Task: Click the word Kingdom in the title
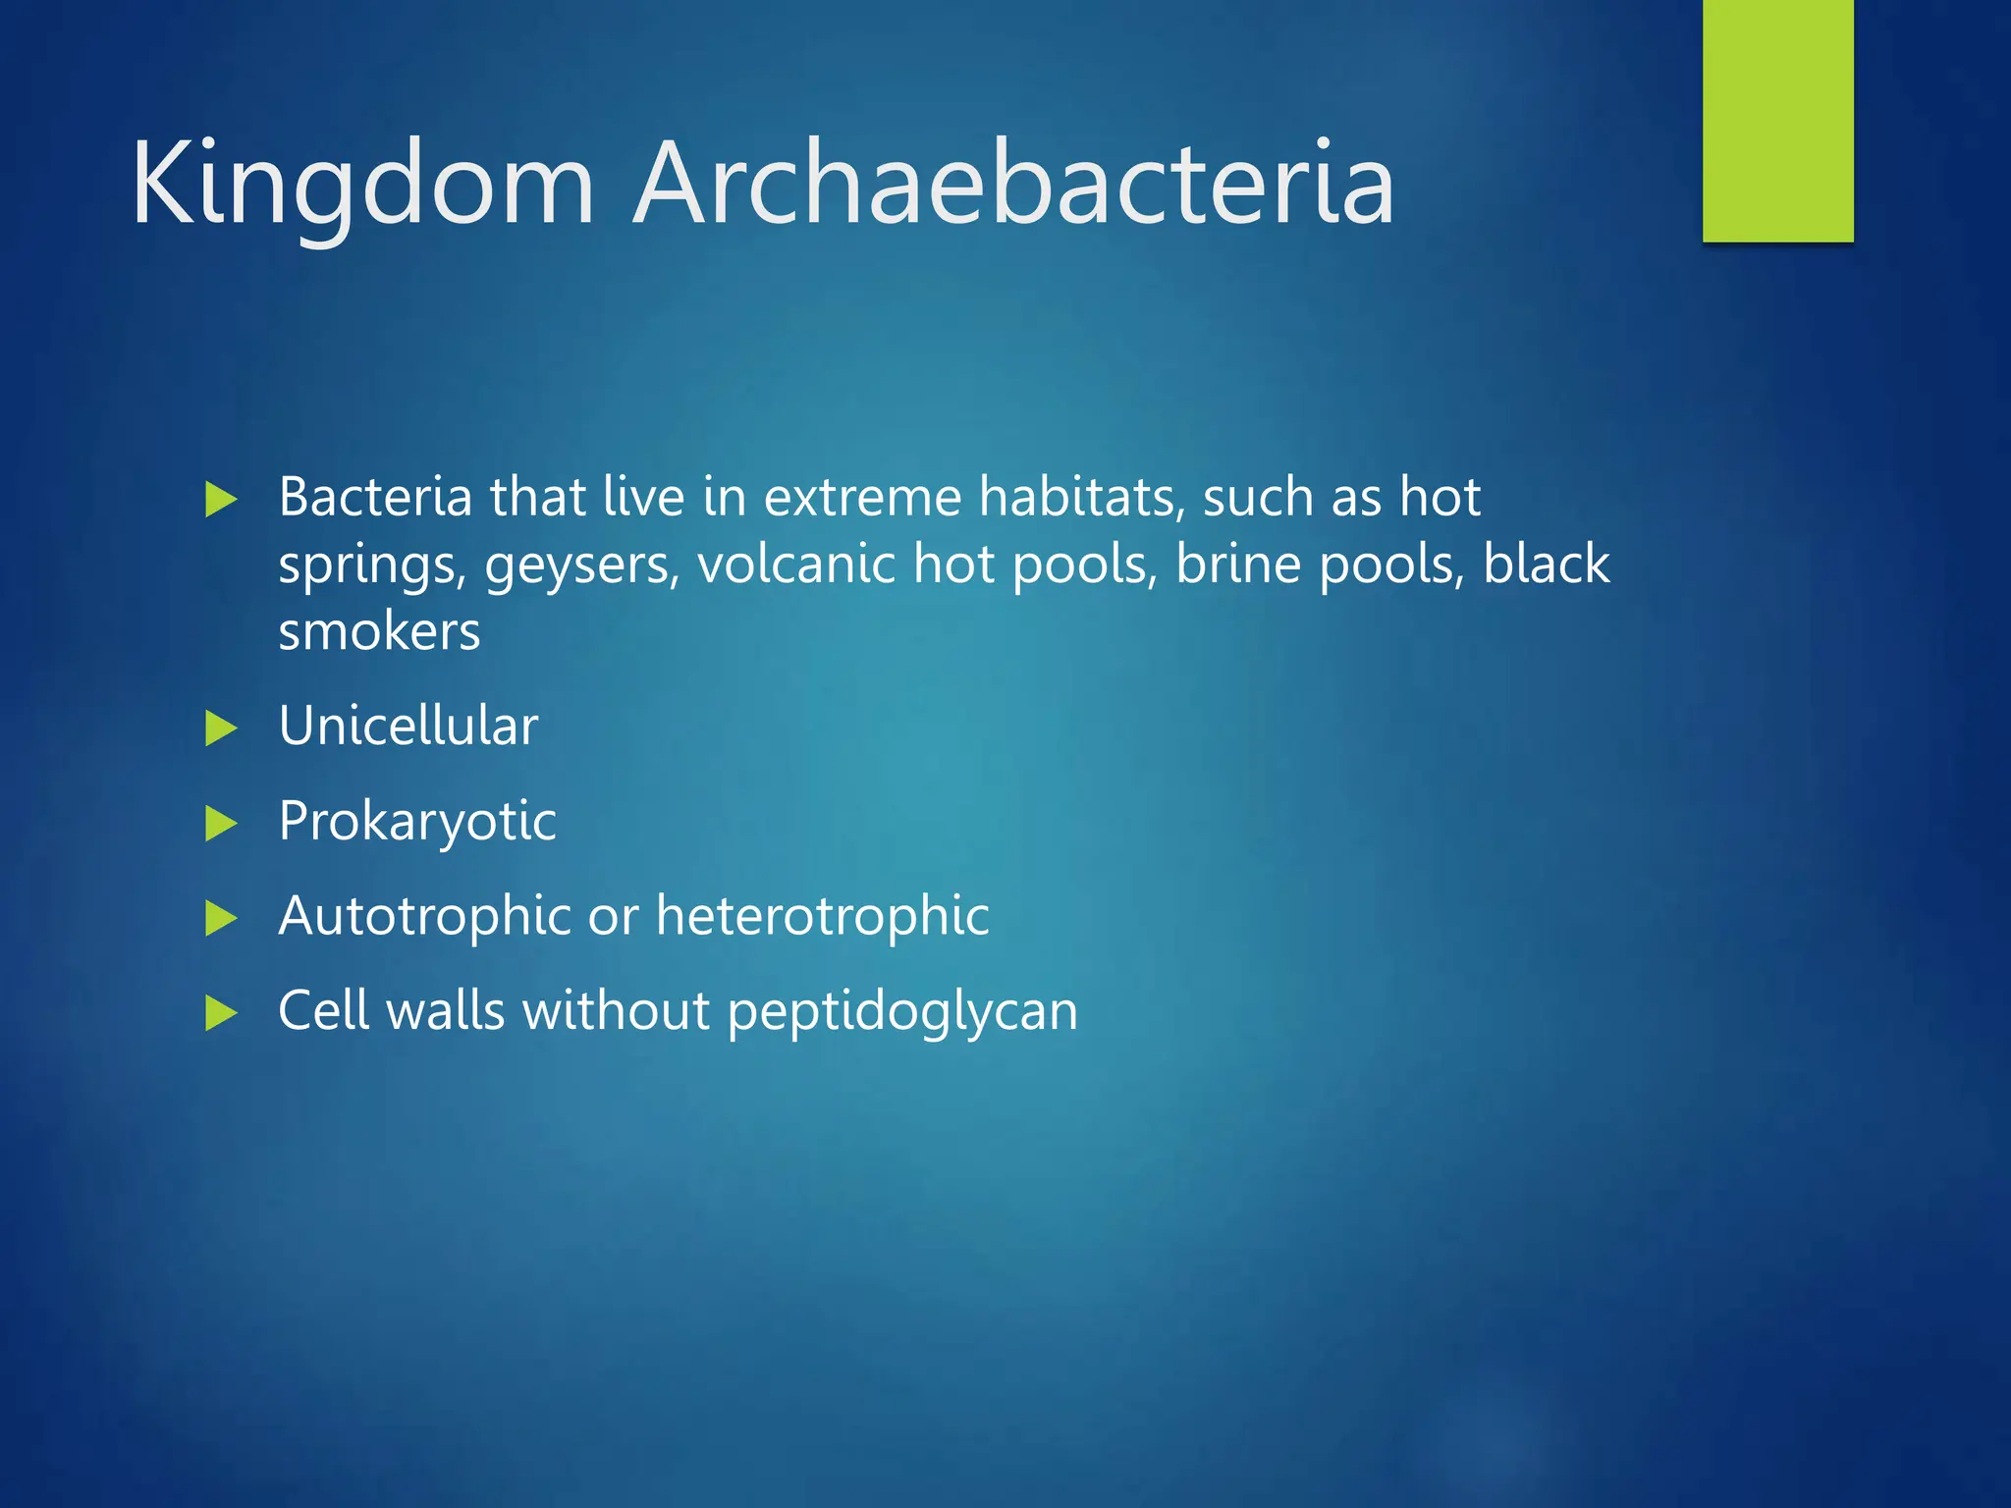[x=362, y=185]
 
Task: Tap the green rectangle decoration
[x=1777, y=121]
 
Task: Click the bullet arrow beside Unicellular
[x=221, y=728]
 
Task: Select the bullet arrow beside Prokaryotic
[x=221, y=823]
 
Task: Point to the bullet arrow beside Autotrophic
[x=221, y=918]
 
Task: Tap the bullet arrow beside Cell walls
[x=221, y=1012]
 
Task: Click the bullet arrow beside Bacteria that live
[x=221, y=500]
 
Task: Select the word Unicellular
[x=408, y=726]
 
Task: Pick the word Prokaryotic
[x=417, y=822]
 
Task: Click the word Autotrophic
[x=424, y=916]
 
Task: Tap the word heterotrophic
[x=823, y=916]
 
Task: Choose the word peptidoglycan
[x=902, y=1012]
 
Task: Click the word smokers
[x=379, y=631]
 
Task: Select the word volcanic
[x=796, y=564]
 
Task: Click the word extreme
[x=862, y=497]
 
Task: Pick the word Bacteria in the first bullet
[x=375, y=497]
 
